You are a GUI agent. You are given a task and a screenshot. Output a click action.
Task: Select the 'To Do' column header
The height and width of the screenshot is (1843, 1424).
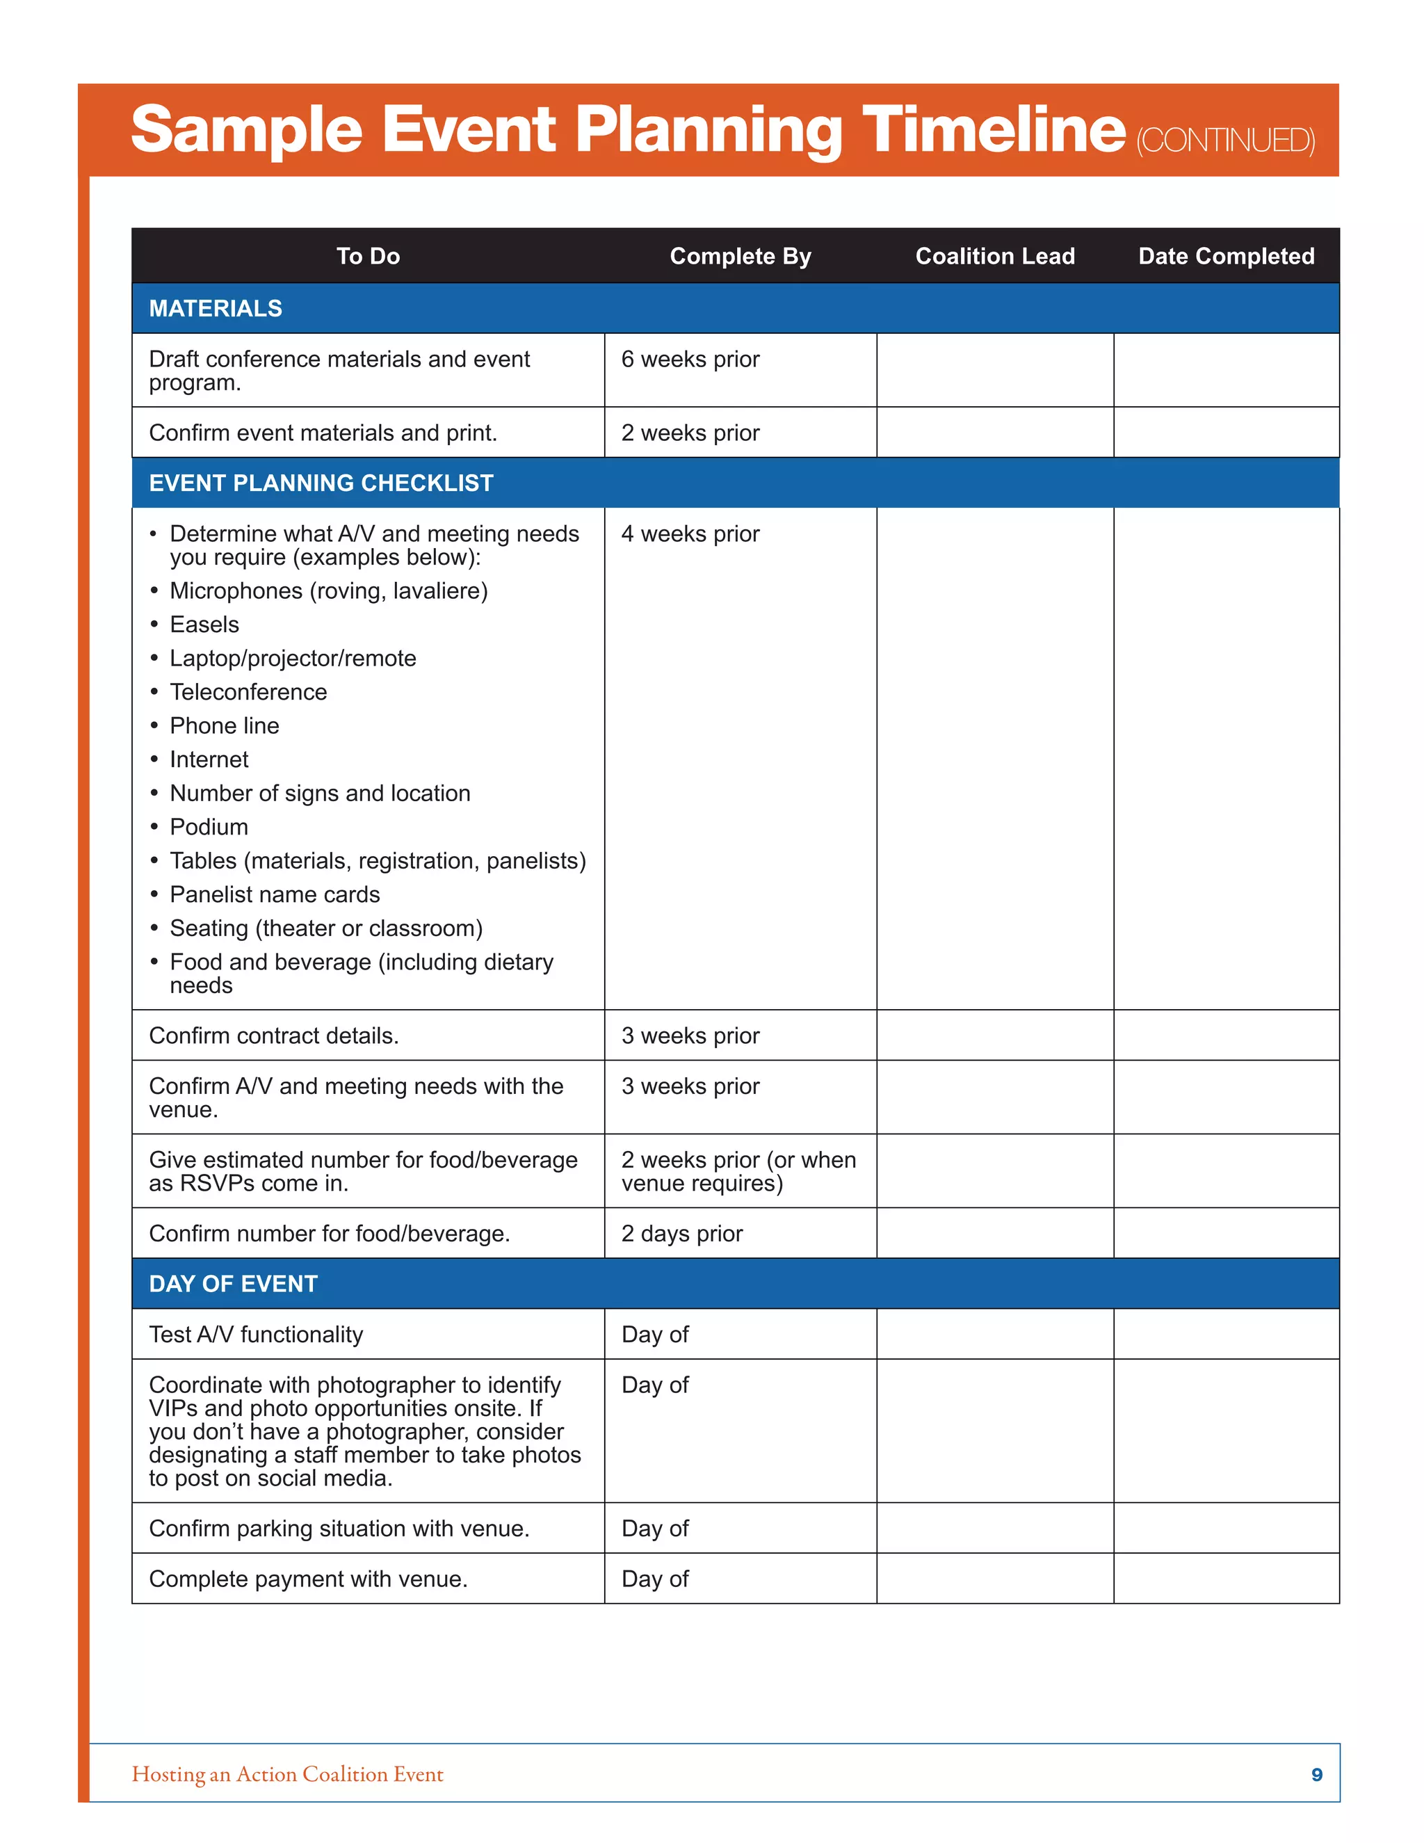[368, 256]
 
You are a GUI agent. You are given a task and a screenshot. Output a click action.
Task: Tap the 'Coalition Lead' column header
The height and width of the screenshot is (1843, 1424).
[994, 256]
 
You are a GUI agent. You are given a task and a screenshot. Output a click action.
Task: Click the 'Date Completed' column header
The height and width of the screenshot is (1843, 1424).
[1226, 256]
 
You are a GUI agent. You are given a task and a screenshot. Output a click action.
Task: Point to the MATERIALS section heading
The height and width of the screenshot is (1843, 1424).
[216, 308]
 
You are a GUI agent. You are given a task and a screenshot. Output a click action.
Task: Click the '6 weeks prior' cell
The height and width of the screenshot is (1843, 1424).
[690, 360]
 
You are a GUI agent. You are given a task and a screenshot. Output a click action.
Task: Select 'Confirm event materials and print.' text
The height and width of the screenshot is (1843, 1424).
[323, 433]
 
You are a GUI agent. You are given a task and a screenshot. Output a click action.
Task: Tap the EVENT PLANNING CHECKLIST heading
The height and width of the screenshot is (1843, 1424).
[321, 483]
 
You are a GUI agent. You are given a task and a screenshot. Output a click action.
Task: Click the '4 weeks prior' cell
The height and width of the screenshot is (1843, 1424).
[690, 534]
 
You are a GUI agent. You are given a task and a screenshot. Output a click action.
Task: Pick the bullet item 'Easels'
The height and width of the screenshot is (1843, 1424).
[204, 625]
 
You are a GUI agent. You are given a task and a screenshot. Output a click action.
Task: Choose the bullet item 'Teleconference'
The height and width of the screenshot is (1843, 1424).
[248, 692]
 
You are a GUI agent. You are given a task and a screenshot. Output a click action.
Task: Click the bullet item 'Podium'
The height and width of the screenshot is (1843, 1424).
[209, 827]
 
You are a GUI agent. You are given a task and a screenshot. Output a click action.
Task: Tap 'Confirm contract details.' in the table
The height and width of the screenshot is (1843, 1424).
[273, 1036]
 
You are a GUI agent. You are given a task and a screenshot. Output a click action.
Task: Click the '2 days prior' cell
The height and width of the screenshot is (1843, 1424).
[681, 1234]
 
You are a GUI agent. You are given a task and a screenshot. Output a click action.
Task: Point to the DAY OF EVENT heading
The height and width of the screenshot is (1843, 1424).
[233, 1284]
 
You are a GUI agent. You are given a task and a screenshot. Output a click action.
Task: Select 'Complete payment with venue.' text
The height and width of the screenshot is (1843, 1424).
[308, 1579]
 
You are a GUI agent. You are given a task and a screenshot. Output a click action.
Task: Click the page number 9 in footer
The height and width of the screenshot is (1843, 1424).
[1316, 1775]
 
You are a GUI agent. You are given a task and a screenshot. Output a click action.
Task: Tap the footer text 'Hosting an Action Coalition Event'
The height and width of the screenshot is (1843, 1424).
[287, 1775]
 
